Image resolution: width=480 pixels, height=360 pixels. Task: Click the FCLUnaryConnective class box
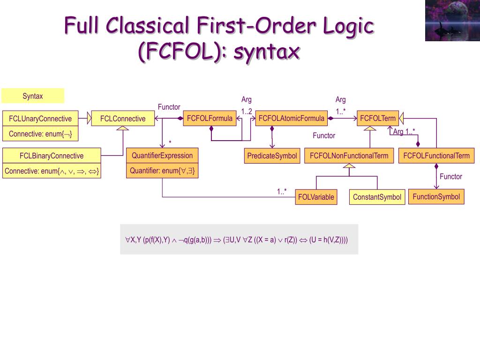40,119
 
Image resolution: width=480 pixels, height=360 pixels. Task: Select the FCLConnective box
123,119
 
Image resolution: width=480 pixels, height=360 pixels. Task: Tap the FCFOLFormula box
210,119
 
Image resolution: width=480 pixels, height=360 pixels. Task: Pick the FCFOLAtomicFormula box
291,119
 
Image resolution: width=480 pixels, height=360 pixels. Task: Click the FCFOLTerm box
378,119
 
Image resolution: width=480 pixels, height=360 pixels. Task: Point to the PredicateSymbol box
272,156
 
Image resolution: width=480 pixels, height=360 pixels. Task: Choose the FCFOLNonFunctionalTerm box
349,156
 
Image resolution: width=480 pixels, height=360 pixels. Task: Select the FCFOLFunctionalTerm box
436,156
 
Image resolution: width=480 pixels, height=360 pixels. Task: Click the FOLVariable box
316,197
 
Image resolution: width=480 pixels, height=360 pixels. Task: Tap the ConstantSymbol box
377,197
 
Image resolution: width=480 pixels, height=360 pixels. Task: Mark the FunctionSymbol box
436,196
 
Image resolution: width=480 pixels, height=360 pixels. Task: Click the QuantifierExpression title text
162,156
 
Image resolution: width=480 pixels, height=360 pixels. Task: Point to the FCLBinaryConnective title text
52,156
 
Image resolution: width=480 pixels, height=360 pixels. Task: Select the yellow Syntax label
33,96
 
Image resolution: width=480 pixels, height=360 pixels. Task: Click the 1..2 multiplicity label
247,111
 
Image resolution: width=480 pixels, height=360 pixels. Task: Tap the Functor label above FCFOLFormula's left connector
169,107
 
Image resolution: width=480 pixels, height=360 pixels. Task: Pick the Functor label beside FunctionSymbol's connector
450,176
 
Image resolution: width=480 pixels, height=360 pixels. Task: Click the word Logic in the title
348,25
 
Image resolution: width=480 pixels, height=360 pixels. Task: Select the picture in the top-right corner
452,21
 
